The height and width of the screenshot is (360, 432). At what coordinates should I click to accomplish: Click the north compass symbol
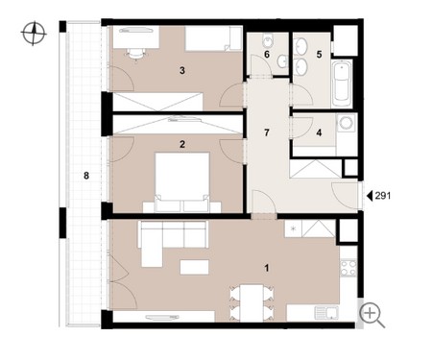34,33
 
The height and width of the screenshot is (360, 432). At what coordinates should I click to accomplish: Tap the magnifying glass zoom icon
372,315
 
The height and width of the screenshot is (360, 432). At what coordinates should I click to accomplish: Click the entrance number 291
383,196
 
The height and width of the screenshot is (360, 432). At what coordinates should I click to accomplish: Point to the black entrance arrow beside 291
370,196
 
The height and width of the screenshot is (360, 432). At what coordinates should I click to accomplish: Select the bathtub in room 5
342,84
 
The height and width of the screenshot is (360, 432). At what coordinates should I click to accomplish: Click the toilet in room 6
268,41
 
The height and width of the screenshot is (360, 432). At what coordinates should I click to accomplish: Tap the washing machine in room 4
347,123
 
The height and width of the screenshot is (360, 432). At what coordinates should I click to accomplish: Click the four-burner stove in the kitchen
348,268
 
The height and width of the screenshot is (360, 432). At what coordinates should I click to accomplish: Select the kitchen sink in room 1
326,313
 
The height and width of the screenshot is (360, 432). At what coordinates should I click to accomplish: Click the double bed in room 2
182,182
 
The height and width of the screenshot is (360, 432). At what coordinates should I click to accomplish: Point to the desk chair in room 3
135,55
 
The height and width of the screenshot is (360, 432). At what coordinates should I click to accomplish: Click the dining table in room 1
252,303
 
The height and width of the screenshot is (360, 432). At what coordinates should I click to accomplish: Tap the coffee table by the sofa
194,267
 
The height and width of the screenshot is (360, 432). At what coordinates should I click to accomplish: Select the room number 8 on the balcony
86,176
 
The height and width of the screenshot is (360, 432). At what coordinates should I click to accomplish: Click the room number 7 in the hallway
267,132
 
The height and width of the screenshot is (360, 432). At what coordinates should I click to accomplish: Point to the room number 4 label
319,132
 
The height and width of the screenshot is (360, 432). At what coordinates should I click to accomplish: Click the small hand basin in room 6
282,61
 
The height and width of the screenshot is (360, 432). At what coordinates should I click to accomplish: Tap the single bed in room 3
213,38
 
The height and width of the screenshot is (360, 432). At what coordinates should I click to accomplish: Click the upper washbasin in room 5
300,47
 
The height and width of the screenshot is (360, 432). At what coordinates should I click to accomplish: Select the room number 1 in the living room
267,268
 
